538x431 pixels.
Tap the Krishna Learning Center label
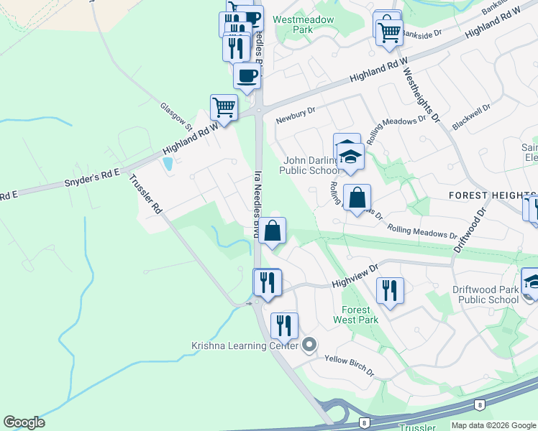pos(245,346)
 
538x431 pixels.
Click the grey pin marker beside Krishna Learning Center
pos(309,346)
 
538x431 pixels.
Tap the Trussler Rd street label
pos(145,194)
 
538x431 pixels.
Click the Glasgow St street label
pos(177,115)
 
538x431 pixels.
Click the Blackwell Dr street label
pos(471,117)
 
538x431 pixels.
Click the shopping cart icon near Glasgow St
pos(224,108)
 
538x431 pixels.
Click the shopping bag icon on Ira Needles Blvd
pos(273,231)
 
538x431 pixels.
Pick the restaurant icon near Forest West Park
pos(389,289)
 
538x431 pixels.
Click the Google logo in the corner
pos(24,422)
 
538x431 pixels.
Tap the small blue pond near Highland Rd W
pos(168,163)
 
